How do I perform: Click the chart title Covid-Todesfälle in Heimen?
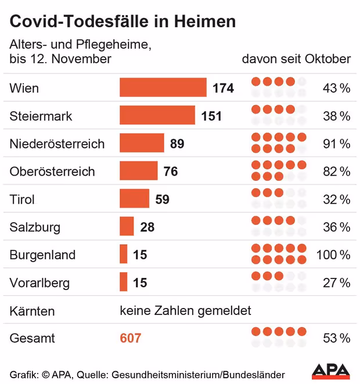[123, 21]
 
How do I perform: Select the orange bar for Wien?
[163, 88]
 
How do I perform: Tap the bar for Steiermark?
[157, 115]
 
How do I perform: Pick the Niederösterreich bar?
[142, 143]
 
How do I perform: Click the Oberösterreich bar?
[138, 171]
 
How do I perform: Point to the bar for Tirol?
[134, 199]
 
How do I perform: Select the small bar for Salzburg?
[127, 227]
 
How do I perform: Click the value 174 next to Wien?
[223, 88]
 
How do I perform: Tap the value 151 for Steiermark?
[211, 116]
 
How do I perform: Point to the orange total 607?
[131, 338]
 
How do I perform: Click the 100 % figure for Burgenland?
[333, 255]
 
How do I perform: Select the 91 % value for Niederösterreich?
[337, 143]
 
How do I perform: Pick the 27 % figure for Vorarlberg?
[337, 282]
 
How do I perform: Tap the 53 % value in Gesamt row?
[337, 338]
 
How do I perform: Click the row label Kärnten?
[32, 311]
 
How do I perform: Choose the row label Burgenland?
[43, 255]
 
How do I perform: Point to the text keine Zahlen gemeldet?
[185, 311]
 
